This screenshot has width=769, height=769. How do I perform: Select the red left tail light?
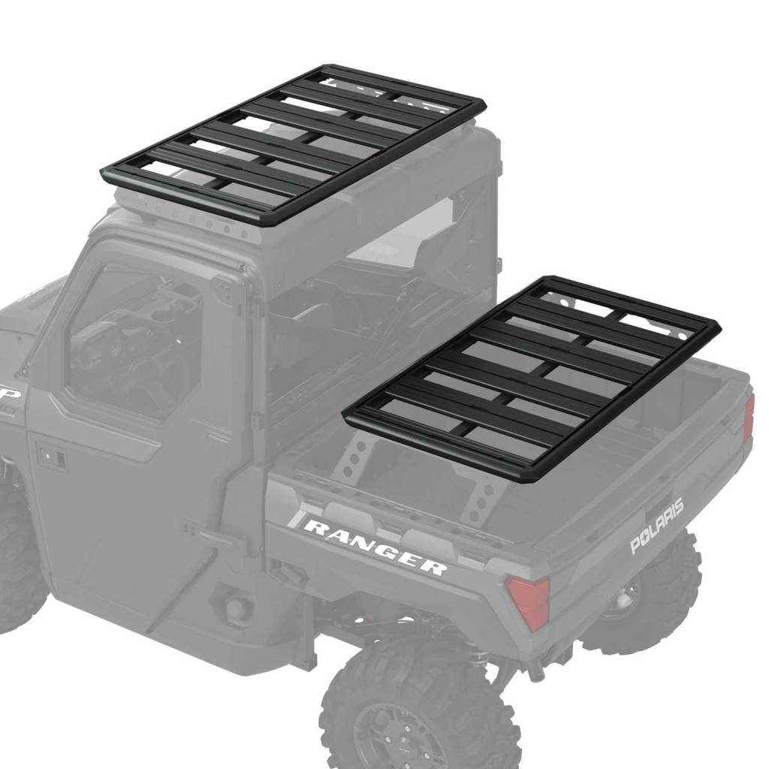[x=528, y=602]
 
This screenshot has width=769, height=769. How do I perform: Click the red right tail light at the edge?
[x=748, y=418]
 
